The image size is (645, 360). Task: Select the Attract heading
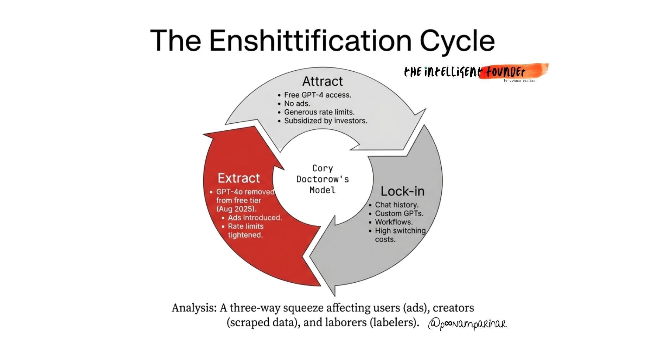pos(322,81)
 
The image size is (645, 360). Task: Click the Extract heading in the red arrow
pos(238,178)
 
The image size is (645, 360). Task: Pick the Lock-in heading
pos(402,191)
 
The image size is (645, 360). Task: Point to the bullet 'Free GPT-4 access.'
pos(318,95)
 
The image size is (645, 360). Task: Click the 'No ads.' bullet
pos(297,104)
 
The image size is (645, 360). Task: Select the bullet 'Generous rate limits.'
pos(319,112)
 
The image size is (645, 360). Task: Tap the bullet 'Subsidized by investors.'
pos(325,121)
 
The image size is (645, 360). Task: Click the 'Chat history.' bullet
pos(396,205)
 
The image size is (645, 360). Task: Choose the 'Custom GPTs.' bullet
pos(399,213)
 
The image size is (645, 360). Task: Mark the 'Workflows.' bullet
pos(394,222)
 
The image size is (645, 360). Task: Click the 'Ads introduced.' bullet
pos(255,218)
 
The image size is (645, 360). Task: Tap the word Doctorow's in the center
pos(322,179)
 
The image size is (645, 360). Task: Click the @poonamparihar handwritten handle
pos(467,323)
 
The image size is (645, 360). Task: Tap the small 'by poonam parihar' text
pos(519,81)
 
